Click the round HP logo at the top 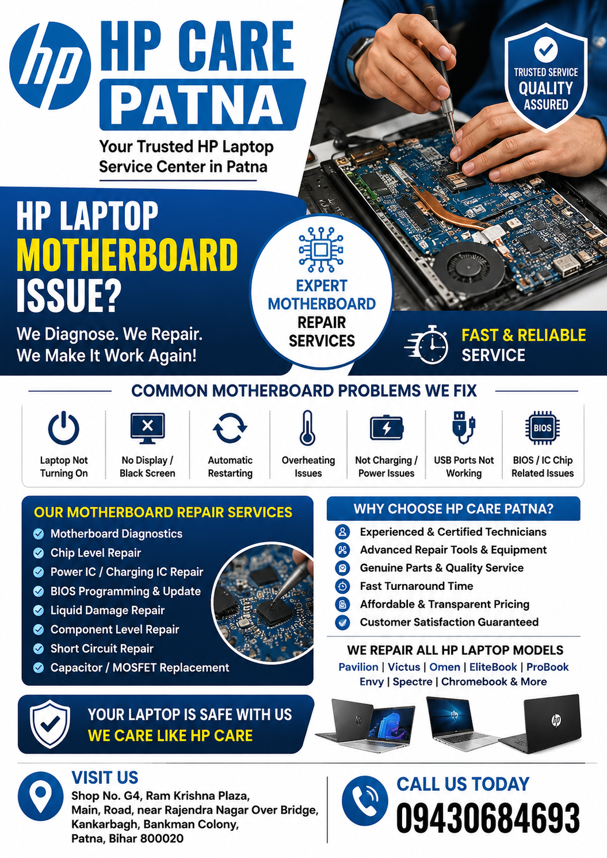click(50, 66)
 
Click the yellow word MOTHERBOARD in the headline click(127, 255)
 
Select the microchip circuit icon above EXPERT click(321, 250)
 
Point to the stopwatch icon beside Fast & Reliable click(427, 344)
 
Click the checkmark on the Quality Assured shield click(546, 49)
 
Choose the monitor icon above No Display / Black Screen click(147, 428)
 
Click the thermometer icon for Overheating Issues click(307, 428)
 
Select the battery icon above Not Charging click(387, 428)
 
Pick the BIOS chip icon click(543, 428)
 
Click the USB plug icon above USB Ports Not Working click(463, 427)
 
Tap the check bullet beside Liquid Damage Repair click(39, 610)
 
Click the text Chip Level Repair click(96, 552)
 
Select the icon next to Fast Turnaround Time click(342, 586)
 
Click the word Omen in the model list click(445, 667)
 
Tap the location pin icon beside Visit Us click(41, 796)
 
